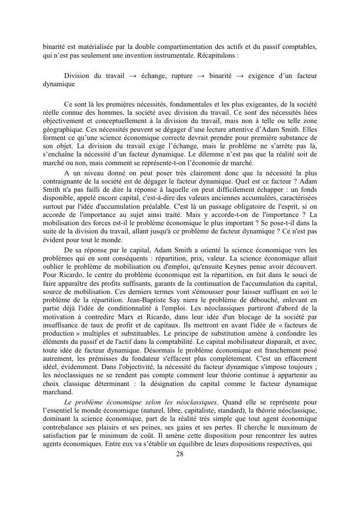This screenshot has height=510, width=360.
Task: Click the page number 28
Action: click(180, 454)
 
